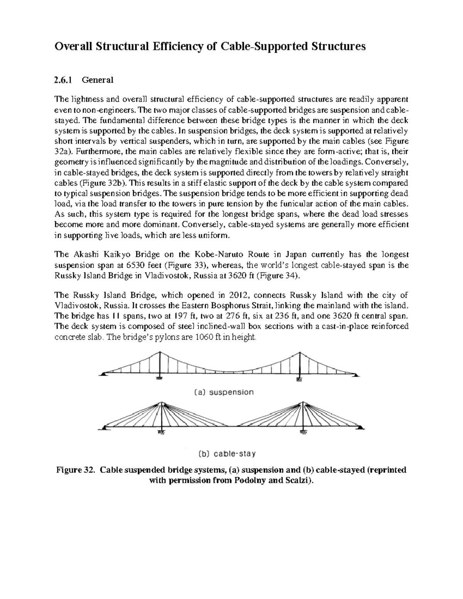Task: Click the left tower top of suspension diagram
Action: pyautogui.click(x=160, y=353)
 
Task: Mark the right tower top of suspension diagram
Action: pyautogui.click(x=299, y=353)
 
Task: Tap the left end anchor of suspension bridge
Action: pyautogui.click(x=103, y=373)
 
